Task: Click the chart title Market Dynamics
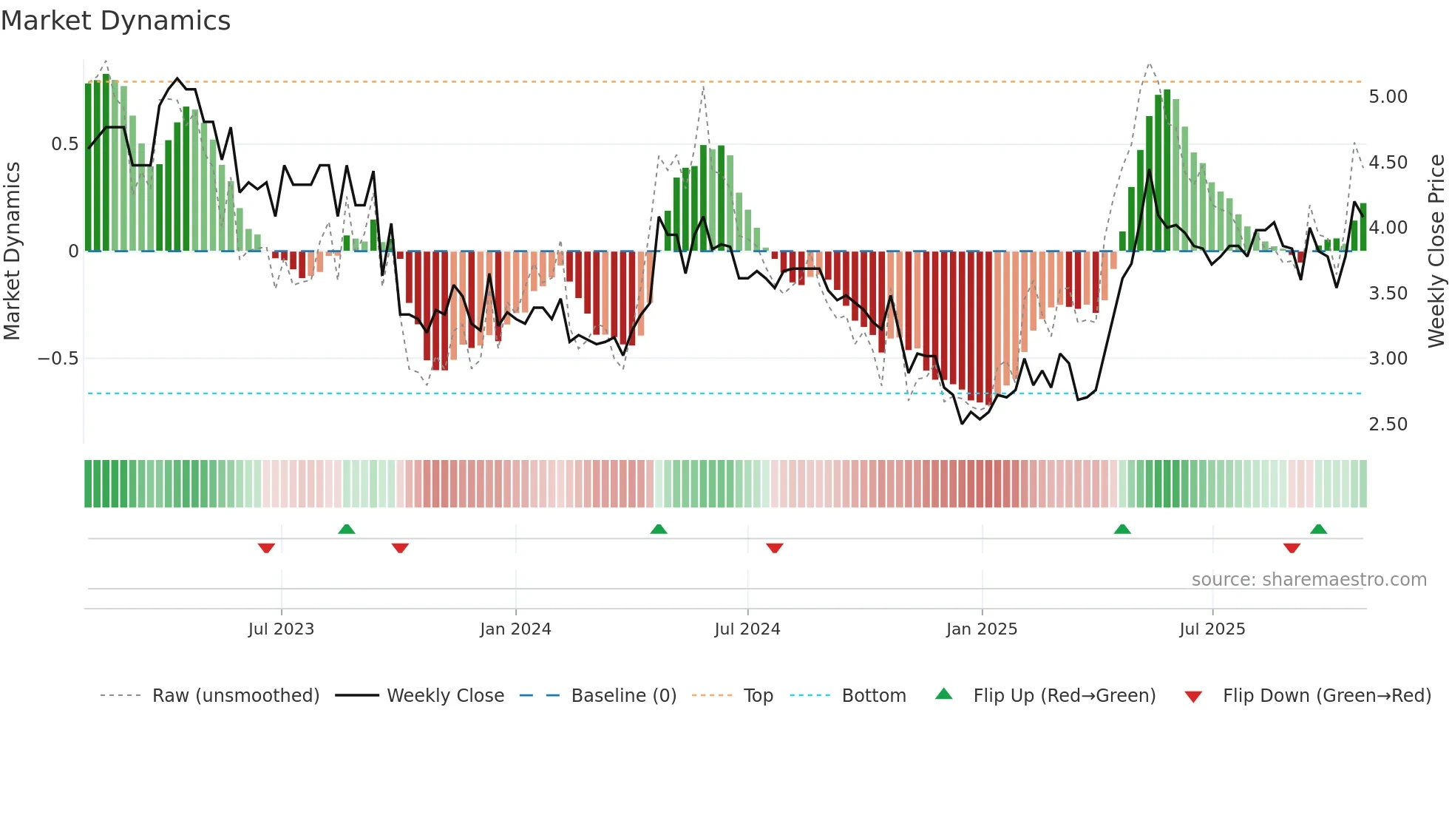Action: [116, 21]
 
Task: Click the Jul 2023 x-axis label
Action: [281, 629]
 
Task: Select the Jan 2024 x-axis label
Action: [515, 629]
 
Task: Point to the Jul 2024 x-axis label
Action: [747, 629]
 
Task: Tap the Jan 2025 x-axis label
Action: [982, 629]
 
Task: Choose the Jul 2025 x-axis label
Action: [1212, 629]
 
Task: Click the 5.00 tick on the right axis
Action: [1388, 97]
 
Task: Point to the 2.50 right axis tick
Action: [1388, 425]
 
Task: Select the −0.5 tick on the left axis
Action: [58, 359]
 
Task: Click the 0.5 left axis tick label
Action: [64, 144]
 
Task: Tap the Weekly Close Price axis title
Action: [1436, 251]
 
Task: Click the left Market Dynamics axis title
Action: [12, 251]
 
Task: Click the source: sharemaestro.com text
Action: [1309, 580]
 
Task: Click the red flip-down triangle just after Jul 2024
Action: [775, 548]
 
